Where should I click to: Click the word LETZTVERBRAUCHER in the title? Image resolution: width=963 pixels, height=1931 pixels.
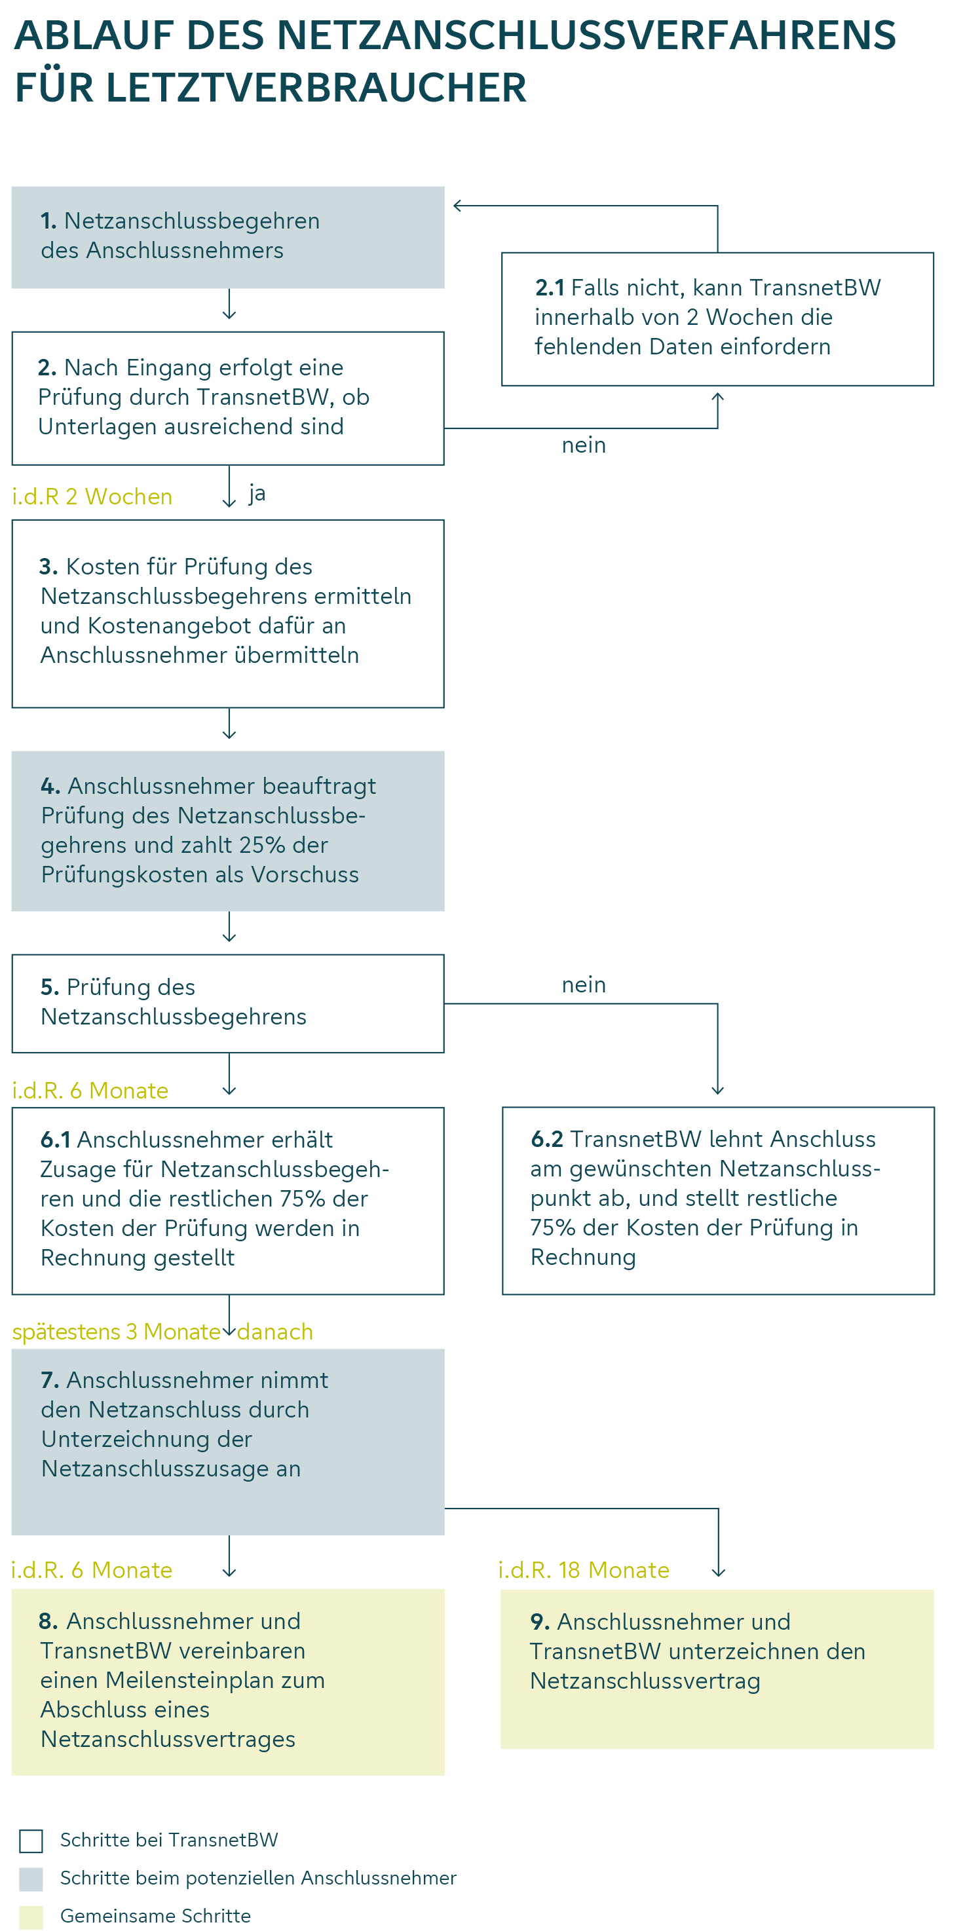click(316, 88)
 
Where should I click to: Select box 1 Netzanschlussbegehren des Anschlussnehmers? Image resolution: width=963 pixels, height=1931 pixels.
click(228, 237)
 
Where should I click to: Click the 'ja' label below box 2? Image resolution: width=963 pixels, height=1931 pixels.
click(257, 493)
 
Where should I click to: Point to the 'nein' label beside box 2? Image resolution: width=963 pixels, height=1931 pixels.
click(583, 445)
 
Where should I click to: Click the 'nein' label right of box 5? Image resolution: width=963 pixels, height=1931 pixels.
click(583, 984)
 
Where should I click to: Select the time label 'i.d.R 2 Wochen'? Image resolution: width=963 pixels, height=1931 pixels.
click(92, 497)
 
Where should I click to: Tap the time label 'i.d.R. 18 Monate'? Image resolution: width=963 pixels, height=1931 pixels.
click(584, 1569)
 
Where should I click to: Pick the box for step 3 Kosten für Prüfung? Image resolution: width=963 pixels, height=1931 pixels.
click(228, 613)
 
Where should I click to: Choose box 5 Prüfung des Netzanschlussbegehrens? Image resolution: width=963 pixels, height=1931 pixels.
click(228, 1003)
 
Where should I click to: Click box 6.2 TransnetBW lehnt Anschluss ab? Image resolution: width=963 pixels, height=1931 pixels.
click(717, 1200)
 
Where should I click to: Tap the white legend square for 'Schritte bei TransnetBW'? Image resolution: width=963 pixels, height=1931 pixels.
click(31, 1841)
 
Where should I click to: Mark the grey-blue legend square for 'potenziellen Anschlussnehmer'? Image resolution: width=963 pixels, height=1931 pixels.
click(31, 1879)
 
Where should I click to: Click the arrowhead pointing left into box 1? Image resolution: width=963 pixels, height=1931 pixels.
click(457, 206)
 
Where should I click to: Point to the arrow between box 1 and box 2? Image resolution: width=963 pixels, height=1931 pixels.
click(229, 305)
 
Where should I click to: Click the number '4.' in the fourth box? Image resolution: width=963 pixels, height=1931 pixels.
click(50, 785)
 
